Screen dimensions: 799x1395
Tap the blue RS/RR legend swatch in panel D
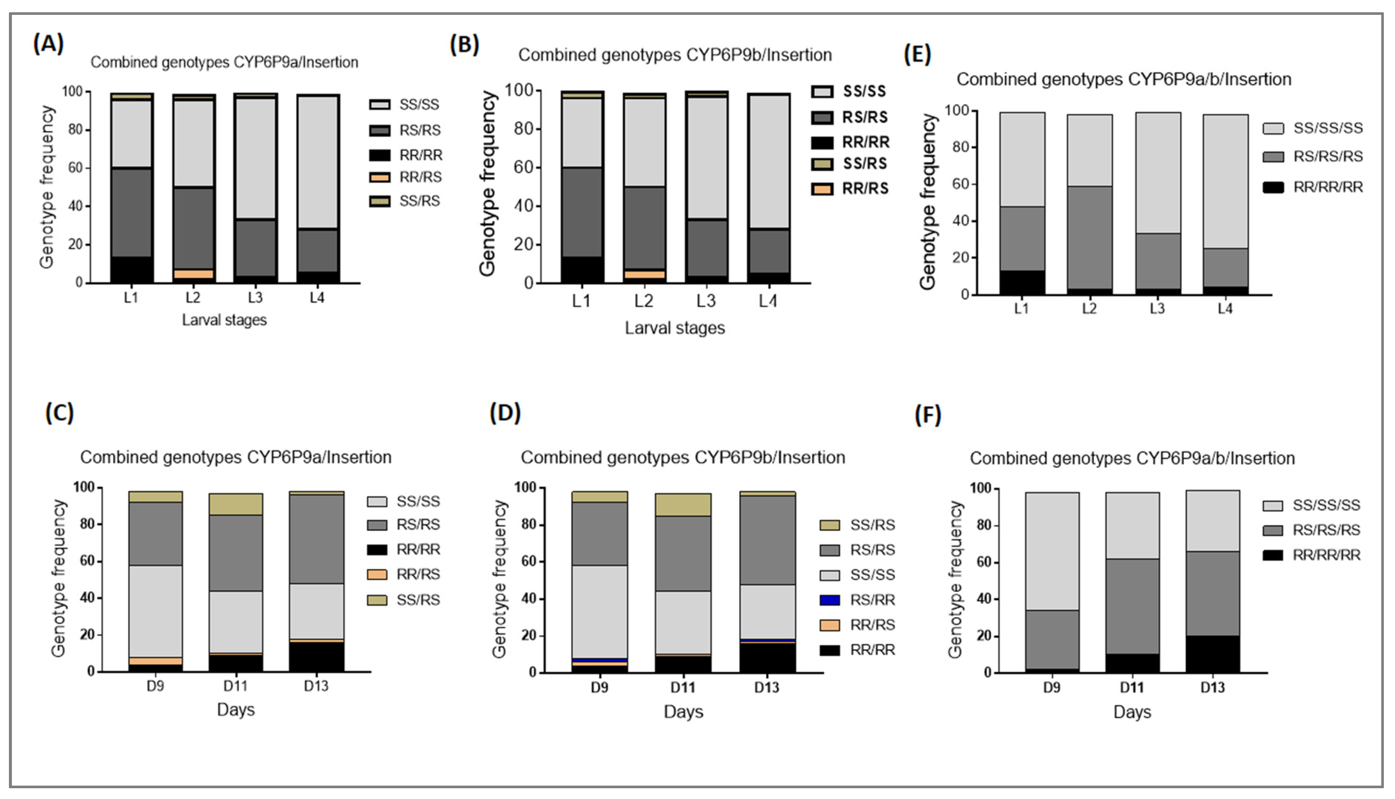(x=829, y=600)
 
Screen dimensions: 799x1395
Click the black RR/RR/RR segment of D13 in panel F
(x=1212, y=654)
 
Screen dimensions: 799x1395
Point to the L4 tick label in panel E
(x=1225, y=309)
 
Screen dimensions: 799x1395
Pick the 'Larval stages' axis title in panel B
(x=674, y=328)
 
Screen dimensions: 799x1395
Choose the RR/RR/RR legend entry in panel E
(x=1327, y=187)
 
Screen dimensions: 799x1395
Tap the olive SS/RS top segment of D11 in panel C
(x=235, y=504)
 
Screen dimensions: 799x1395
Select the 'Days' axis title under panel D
(x=683, y=712)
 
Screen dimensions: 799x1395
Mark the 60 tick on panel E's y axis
(x=959, y=184)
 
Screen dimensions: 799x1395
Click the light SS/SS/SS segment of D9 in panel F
(x=1052, y=551)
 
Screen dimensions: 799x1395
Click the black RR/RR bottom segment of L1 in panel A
(x=131, y=269)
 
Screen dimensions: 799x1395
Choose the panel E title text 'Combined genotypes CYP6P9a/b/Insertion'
(x=1123, y=80)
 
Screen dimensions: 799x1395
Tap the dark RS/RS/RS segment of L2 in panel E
(x=1089, y=237)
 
